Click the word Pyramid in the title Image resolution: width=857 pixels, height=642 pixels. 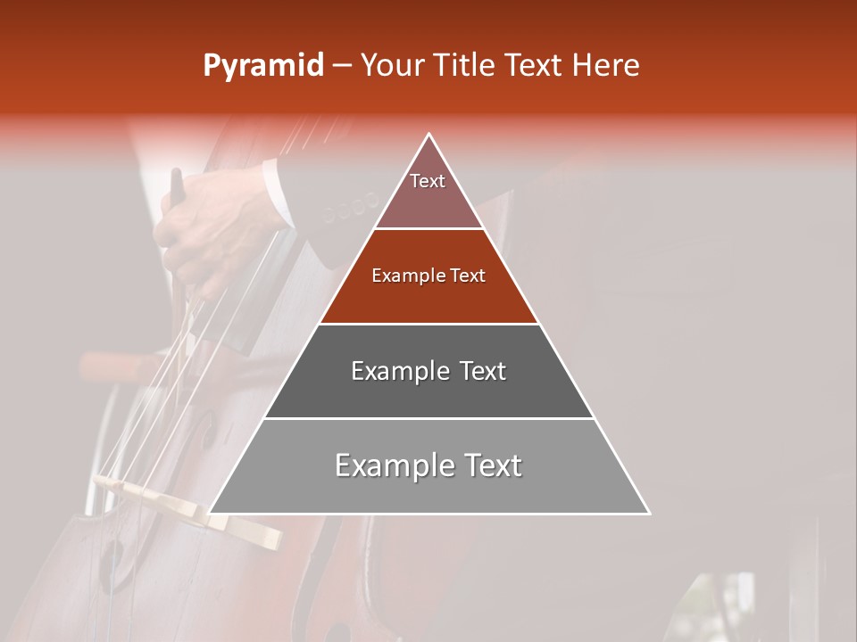[262, 66]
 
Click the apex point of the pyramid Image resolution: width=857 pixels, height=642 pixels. [429, 135]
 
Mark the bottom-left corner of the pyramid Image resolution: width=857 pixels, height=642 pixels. [210, 514]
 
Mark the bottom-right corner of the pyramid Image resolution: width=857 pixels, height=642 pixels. [649, 514]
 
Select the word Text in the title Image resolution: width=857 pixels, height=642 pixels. [535, 66]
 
